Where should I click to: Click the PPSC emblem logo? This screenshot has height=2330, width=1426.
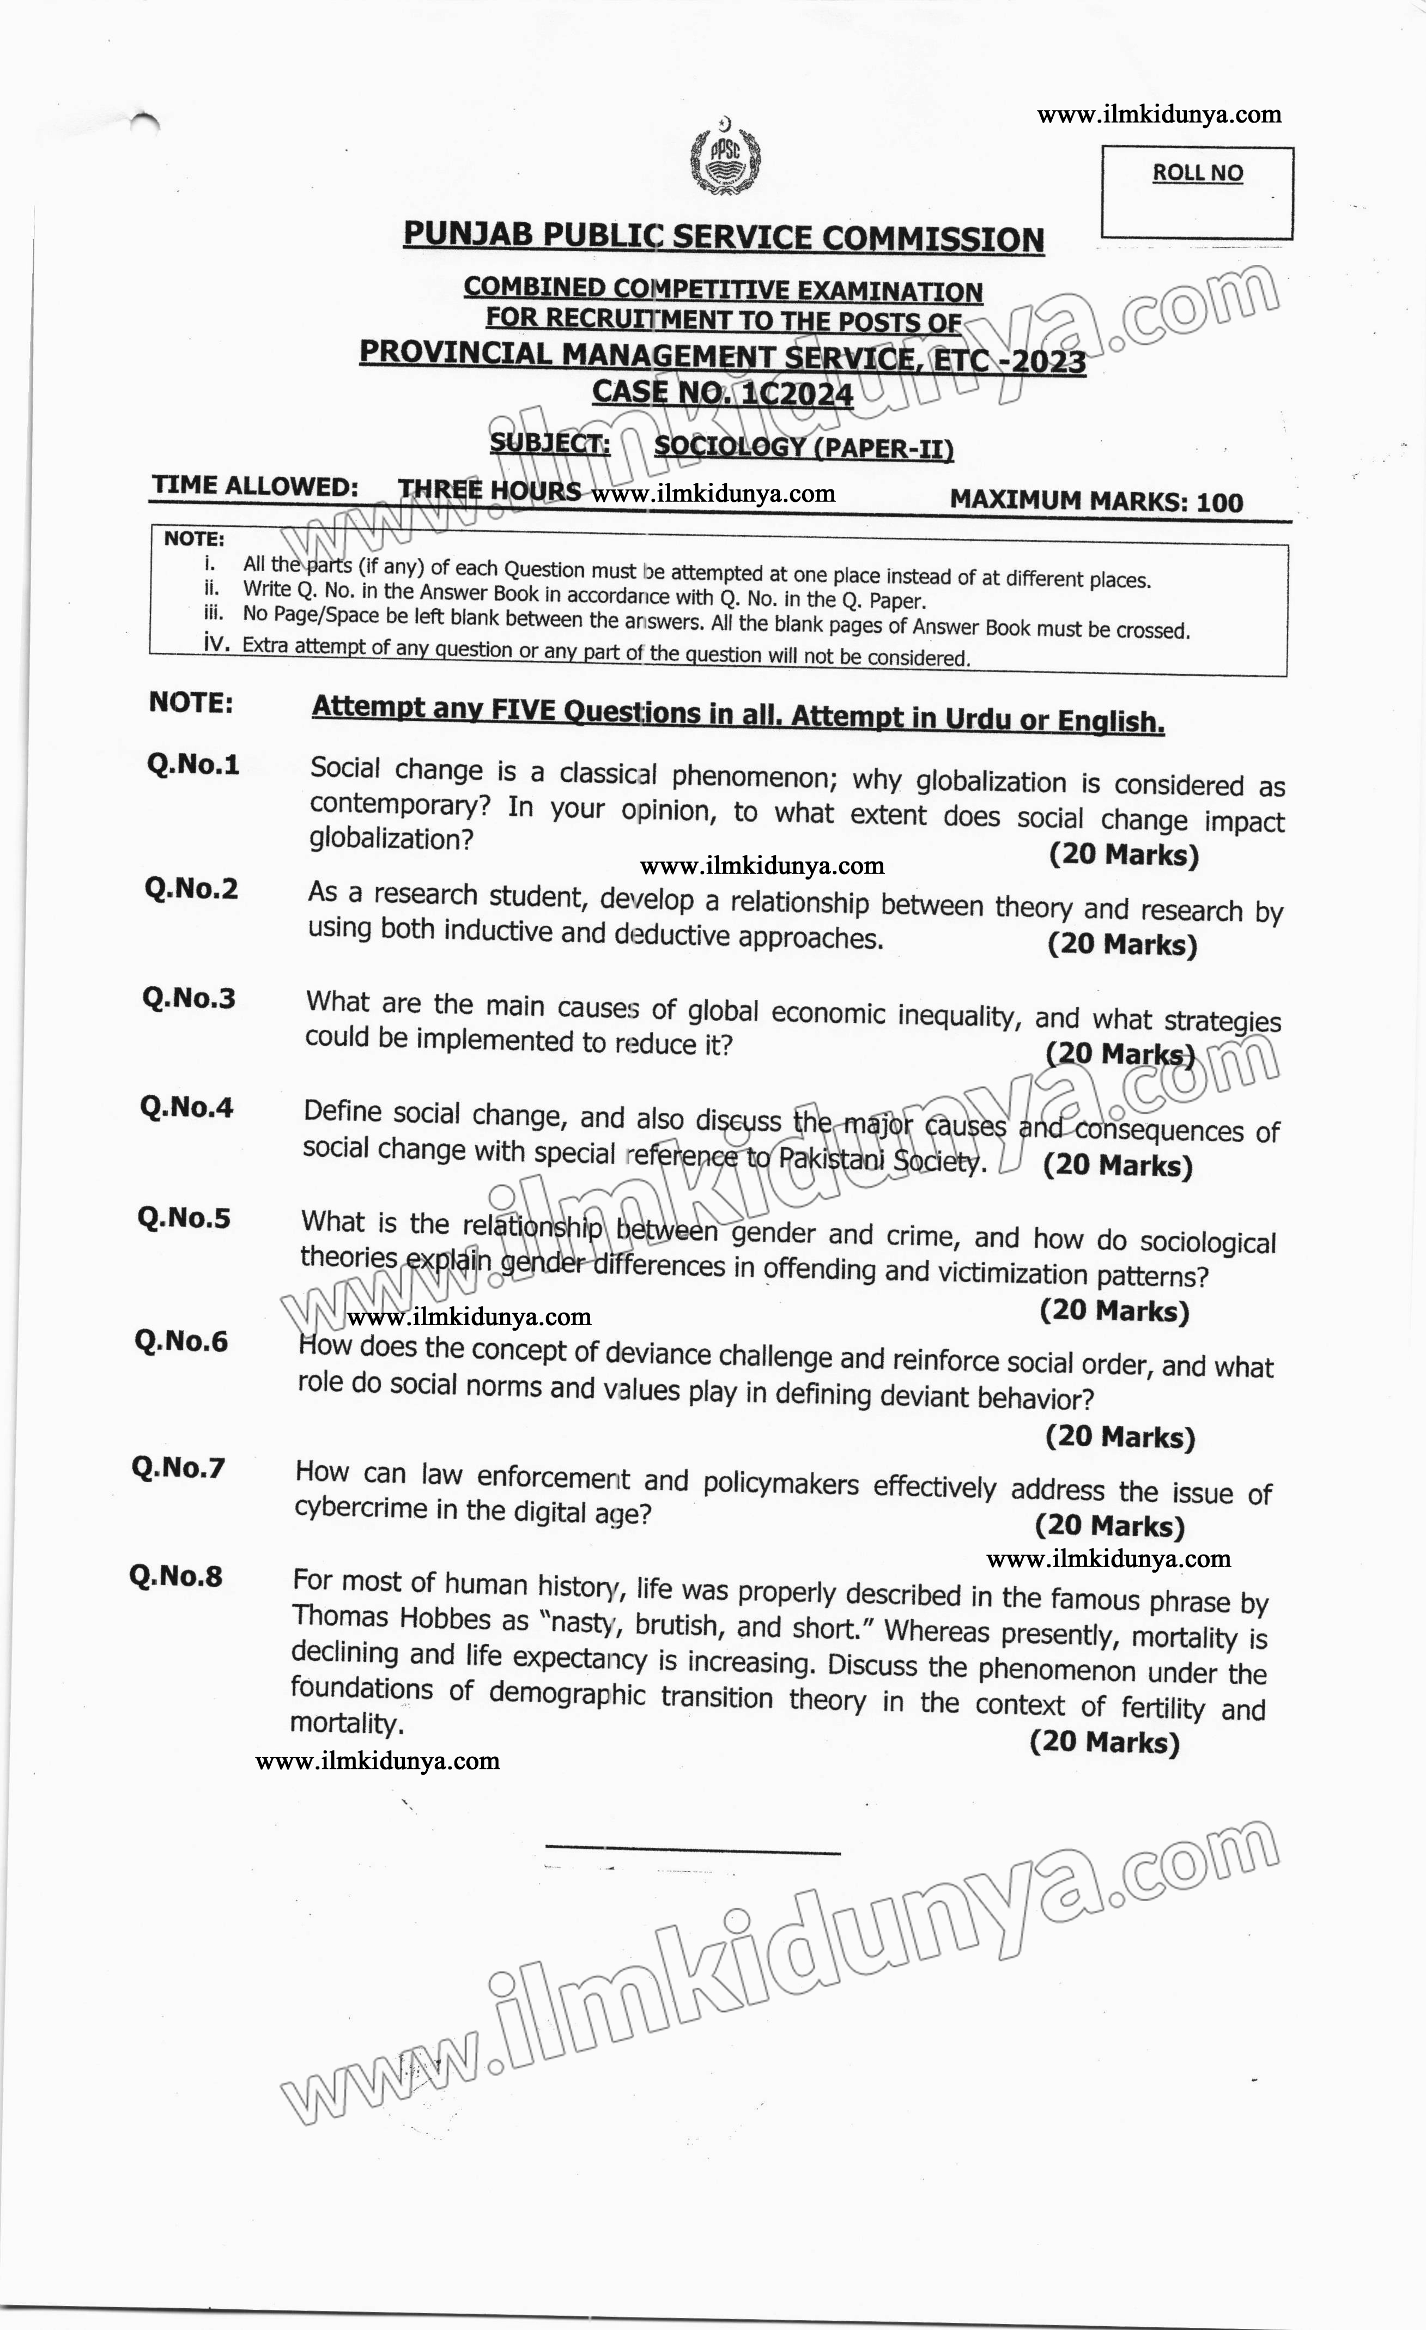[724, 156]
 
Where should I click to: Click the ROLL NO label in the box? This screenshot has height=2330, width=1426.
[1197, 173]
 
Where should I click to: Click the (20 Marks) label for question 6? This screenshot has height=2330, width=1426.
[1120, 1437]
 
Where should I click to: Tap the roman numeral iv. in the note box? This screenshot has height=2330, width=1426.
[216, 643]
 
